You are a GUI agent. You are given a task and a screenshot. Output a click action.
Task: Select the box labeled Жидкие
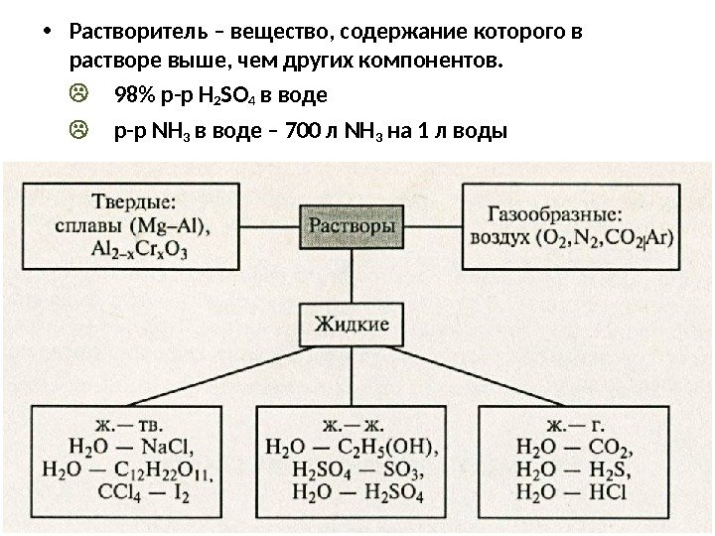[353, 323]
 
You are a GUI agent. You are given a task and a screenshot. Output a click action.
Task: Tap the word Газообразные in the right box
[555, 213]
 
